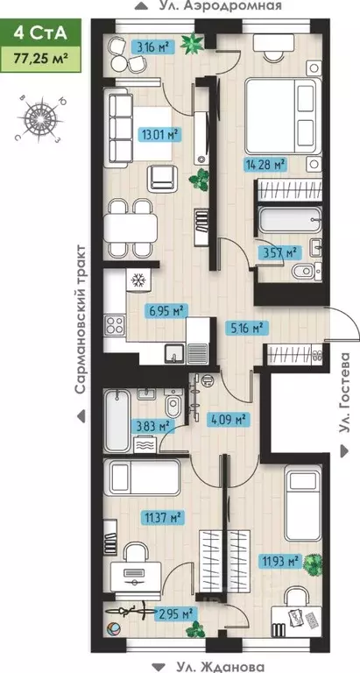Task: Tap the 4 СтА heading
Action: (x=40, y=32)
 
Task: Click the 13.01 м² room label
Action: (x=159, y=136)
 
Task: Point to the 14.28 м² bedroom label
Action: (x=265, y=164)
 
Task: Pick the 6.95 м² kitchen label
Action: (x=168, y=310)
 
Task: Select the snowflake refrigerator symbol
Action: (x=138, y=280)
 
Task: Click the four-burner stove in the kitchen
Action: (x=115, y=325)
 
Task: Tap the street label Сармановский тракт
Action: (x=81, y=319)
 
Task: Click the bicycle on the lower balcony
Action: (x=129, y=611)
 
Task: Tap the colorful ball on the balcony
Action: (x=114, y=629)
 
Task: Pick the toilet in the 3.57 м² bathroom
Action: (x=306, y=271)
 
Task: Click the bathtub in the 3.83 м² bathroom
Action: (x=117, y=420)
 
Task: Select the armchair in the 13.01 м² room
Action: (x=162, y=178)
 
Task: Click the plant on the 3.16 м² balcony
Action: (x=192, y=44)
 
